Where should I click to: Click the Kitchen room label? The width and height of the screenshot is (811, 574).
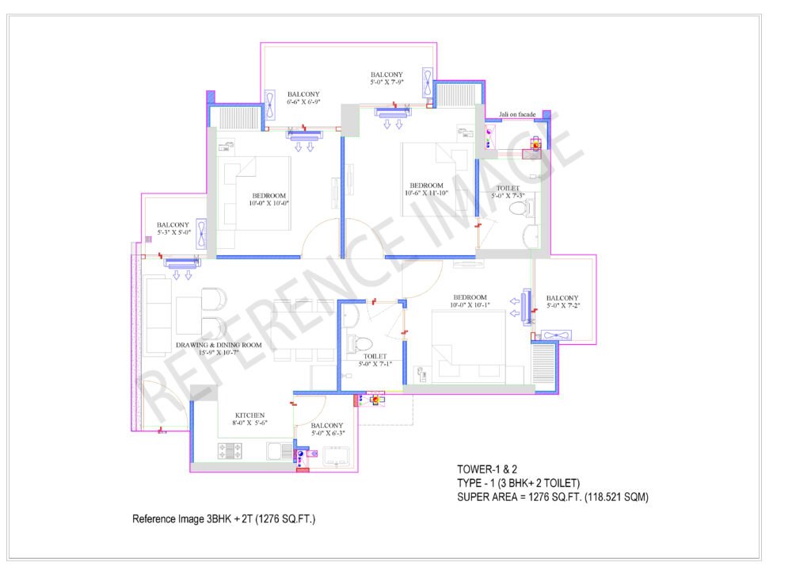(x=249, y=419)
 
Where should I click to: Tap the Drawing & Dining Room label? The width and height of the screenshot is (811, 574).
(x=219, y=348)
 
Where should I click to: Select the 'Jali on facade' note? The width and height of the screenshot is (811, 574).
(x=516, y=114)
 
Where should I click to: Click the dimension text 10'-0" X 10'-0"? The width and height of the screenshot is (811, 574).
(x=269, y=204)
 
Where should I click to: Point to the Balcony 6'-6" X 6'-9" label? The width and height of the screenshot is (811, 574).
(x=303, y=98)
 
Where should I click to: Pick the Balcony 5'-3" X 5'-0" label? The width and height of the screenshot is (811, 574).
(x=173, y=228)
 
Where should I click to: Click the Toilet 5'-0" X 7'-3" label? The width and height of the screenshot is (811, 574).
(x=508, y=192)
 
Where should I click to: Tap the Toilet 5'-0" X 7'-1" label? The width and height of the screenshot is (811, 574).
(x=375, y=360)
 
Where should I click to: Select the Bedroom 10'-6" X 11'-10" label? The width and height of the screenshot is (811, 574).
(x=426, y=189)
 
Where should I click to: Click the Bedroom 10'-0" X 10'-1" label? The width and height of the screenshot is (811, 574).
(x=470, y=300)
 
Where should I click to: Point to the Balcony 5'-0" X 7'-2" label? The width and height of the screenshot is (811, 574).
(x=562, y=301)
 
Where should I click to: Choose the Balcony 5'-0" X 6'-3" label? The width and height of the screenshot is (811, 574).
(x=327, y=429)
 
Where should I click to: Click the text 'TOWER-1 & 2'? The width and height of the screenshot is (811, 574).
(x=487, y=469)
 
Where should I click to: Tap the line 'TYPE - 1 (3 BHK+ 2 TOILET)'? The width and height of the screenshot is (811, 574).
(x=518, y=483)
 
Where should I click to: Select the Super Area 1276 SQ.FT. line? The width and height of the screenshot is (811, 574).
(x=552, y=497)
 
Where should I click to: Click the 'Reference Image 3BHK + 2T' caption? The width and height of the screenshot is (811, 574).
(x=223, y=519)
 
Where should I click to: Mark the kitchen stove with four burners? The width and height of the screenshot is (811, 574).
(x=230, y=451)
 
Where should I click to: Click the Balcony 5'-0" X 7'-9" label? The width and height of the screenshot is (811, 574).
(x=386, y=78)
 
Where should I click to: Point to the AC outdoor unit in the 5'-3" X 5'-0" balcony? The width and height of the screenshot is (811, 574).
(x=201, y=233)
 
